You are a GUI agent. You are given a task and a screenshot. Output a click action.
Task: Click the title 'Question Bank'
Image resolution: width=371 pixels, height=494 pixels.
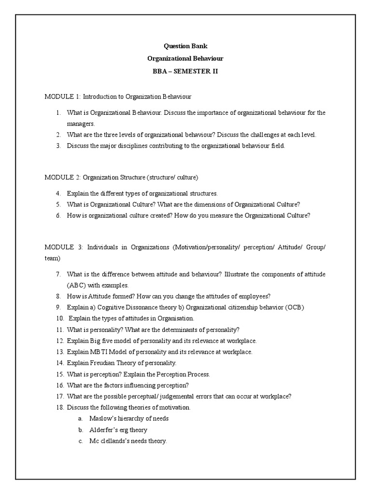point(185,46)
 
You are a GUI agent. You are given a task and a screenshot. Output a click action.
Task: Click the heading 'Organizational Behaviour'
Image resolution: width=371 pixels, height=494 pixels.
point(185,58)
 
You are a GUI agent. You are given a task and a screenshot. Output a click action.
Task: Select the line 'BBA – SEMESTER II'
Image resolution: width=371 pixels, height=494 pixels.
point(185,71)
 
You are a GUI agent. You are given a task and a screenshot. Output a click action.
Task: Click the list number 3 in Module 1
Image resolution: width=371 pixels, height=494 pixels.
point(57,146)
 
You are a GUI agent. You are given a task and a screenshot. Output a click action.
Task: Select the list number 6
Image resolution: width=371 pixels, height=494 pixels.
point(57,216)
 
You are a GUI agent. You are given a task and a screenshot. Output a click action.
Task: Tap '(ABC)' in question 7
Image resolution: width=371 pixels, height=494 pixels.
point(77,285)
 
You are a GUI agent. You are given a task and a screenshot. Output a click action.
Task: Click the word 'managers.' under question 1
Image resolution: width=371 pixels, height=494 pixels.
point(80,123)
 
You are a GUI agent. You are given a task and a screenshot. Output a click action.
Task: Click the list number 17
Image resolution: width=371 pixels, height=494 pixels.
point(59,397)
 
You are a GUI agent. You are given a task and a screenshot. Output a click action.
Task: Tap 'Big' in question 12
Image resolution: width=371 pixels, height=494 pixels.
point(96,341)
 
